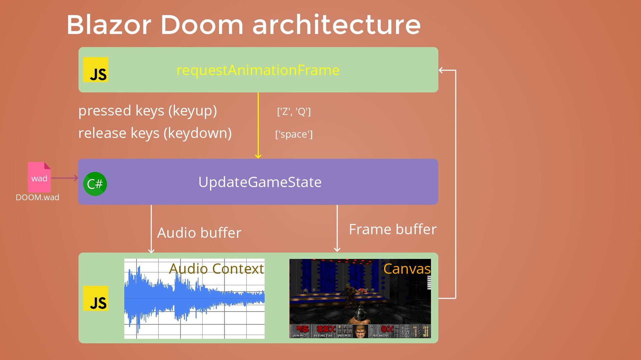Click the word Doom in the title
[x=202, y=25]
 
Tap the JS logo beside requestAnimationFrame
[x=96, y=70]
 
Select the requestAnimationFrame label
[x=258, y=70]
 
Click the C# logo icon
[x=95, y=184]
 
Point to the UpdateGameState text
[x=260, y=182]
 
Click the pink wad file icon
[x=39, y=177]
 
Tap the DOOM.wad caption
[x=37, y=198]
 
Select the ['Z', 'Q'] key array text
[x=294, y=111]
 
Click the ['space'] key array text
[x=294, y=134]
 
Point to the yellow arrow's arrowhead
[x=258, y=156]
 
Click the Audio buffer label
[x=199, y=233]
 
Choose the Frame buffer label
[x=393, y=230]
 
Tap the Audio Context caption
[x=216, y=269]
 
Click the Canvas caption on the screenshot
[x=407, y=269]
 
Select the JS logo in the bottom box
[x=96, y=299]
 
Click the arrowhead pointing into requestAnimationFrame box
[x=441, y=70]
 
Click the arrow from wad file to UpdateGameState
[x=64, y=178]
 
